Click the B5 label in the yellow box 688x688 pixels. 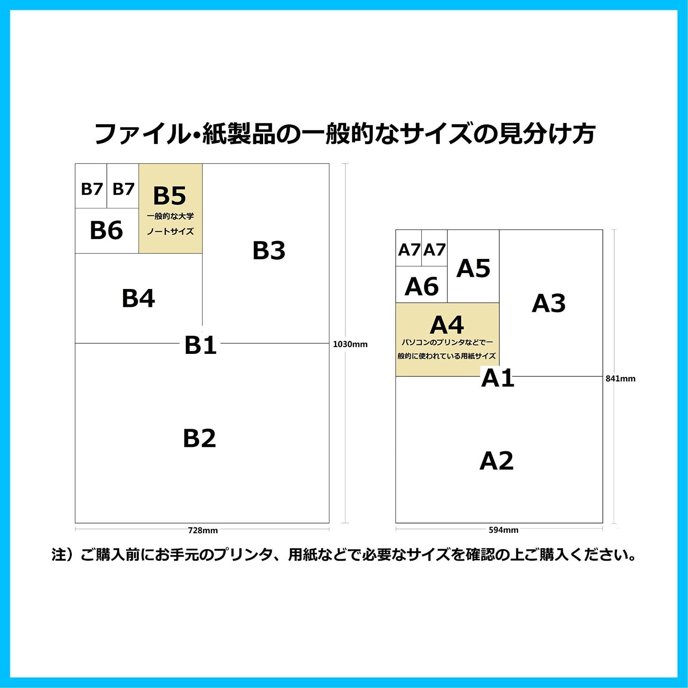click(x=169, y=196)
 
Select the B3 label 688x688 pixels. click(x=269, y=250)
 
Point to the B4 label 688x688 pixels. click(x=138, y=298)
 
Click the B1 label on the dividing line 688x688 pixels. click(x=200, y=345)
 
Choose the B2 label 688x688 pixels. click(x=200, y=438)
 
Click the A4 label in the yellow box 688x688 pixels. click(x=447, y=325)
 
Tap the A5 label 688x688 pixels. click(x=473, y=268)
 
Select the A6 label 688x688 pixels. click(x=422, y=286)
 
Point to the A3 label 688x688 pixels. click(x=549, y=303)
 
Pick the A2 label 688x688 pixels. click(x=497, y=461)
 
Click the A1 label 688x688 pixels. click(x=498, y=378)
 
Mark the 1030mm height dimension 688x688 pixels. click(x=350, y=344)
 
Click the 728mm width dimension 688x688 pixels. click(x=203, y=530)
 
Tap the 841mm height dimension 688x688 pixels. click(x=620, y=378)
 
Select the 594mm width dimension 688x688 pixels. click(x=504, y=530)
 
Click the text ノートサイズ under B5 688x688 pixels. click(x=170, y=231)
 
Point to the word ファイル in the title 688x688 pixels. click(x=141, y=134)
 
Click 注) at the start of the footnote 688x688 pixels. click(x=65, y=555)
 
